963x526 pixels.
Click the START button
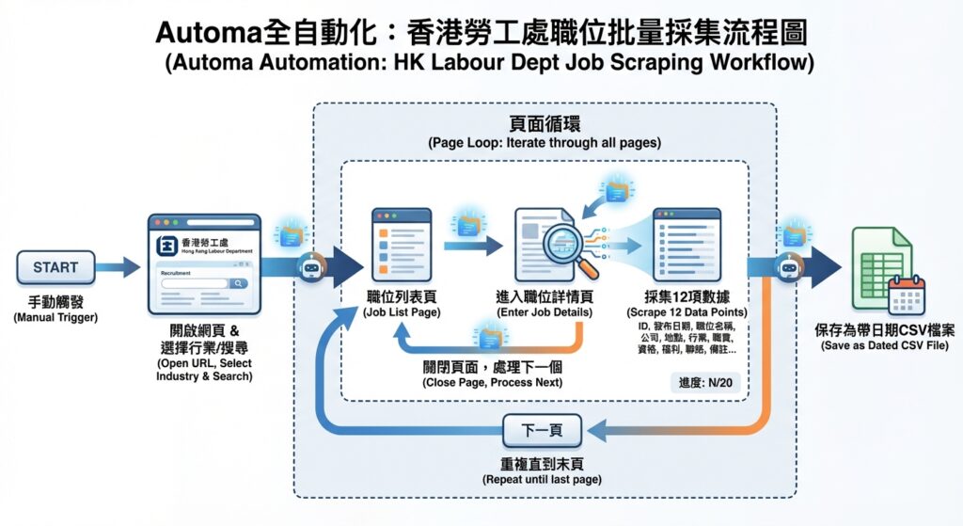pos(55,268)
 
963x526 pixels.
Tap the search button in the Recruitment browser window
pos(239,283)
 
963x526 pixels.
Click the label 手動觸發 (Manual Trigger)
pos(55,303)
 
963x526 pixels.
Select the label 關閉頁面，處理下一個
pos(492,366)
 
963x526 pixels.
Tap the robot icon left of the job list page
pos(311,268)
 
